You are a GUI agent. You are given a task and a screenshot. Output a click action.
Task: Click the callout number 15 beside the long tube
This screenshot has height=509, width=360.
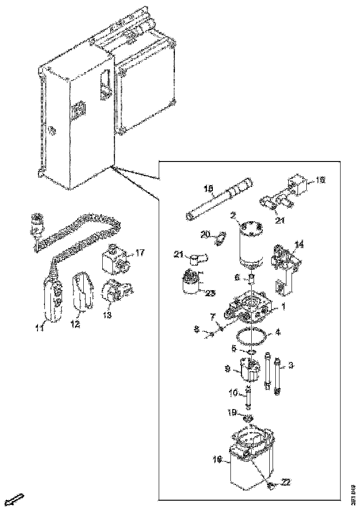coord(208,189)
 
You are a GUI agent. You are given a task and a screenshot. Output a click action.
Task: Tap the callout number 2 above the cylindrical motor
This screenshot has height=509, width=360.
coord(234,216)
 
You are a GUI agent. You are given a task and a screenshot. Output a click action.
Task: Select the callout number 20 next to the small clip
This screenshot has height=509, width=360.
coord(205,235)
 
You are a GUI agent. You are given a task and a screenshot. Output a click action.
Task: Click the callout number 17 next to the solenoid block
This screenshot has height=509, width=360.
coord(140,253)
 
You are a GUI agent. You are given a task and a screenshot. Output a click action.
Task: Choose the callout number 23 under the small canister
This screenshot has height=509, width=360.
coord(211,292)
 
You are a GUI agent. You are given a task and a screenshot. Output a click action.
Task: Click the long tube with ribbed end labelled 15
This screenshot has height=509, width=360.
coord(220,198)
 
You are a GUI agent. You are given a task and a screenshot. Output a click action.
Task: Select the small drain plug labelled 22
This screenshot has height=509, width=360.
coord(271,485)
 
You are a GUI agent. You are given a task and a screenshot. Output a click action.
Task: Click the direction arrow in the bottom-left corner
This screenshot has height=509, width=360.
coord(17,499)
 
